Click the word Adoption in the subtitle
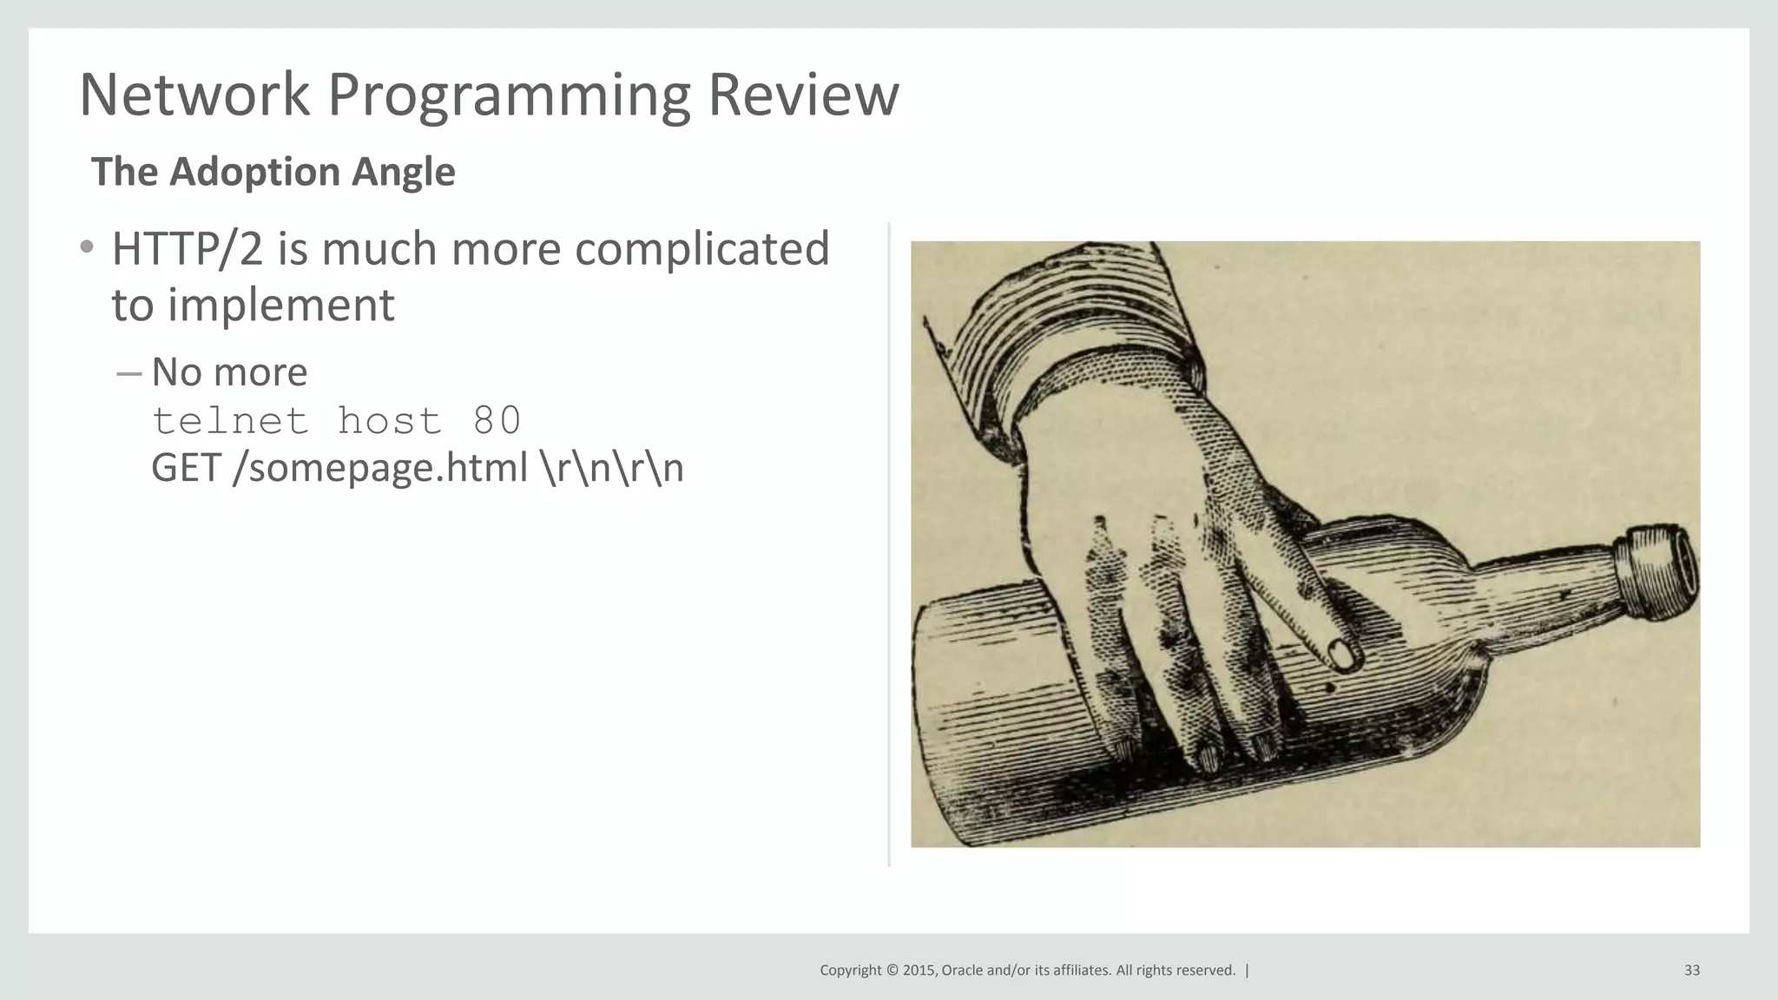point(254,172)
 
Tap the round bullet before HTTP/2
point(86,247)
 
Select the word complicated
point(701,249)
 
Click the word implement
point(280,306)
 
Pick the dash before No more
point(128,373)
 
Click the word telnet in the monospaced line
point(230,422)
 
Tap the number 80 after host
point(497,421)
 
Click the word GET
point(186,468)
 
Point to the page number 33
point(1691,970)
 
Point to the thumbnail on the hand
point(1341,655)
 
